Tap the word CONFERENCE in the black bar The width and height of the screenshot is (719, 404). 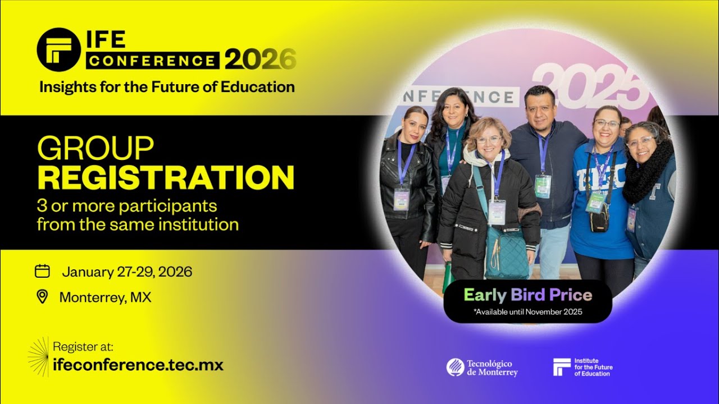pos(153,61)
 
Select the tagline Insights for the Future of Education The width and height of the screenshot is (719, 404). pos(166,87)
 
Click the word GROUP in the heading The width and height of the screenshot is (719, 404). pos(95,149)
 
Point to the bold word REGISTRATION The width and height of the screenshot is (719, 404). pos(166,177)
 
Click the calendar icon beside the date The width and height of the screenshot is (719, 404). pos(42,272)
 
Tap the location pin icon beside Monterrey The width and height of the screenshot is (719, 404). pos(42,297)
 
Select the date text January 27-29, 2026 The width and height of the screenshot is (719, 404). pos(127,272)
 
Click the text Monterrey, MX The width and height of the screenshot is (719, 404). pos(105,297)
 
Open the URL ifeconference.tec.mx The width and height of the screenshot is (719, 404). pos(138,365)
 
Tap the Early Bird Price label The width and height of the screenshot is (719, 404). pos(527,295)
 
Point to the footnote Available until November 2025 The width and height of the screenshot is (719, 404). pos(527,312)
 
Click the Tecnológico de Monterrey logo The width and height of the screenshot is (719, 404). pos(482,368)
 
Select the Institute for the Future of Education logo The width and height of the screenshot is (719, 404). pos(583,368)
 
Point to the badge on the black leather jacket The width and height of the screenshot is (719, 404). pos(401,199)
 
